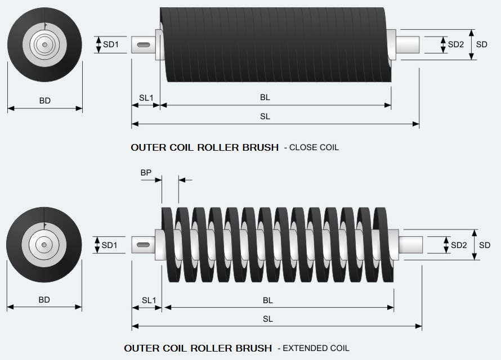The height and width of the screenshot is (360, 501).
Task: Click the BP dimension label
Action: (146, 173)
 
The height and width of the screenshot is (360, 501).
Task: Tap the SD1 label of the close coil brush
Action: (110, 44)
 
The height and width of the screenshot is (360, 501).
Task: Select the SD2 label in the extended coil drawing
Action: (459, 245)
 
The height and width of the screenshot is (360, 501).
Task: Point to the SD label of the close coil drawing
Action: (481, 44)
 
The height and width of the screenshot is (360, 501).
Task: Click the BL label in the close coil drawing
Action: (265, 97)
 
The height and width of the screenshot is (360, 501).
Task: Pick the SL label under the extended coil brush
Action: (268, 319)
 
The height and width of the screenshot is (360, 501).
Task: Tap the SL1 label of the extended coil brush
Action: (149, 300)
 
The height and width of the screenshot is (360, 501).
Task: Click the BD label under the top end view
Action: (44, 101)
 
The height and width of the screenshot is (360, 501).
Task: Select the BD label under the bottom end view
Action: (44, 300)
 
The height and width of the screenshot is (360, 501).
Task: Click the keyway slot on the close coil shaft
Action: (143, 44)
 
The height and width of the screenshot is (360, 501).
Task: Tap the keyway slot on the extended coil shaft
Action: (143, 245)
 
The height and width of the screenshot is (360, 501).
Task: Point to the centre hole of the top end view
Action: (44, 44)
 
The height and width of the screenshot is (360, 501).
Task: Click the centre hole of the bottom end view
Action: (44, 245)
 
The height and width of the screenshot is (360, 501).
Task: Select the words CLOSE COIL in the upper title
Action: (314, 147)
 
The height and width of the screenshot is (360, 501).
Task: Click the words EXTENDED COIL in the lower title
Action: (316, 348)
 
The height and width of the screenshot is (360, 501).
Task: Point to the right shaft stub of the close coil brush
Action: (408, 44)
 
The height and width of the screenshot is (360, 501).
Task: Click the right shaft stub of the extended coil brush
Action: (410, 245)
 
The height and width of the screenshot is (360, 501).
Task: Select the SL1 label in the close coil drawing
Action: (146, 98)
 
